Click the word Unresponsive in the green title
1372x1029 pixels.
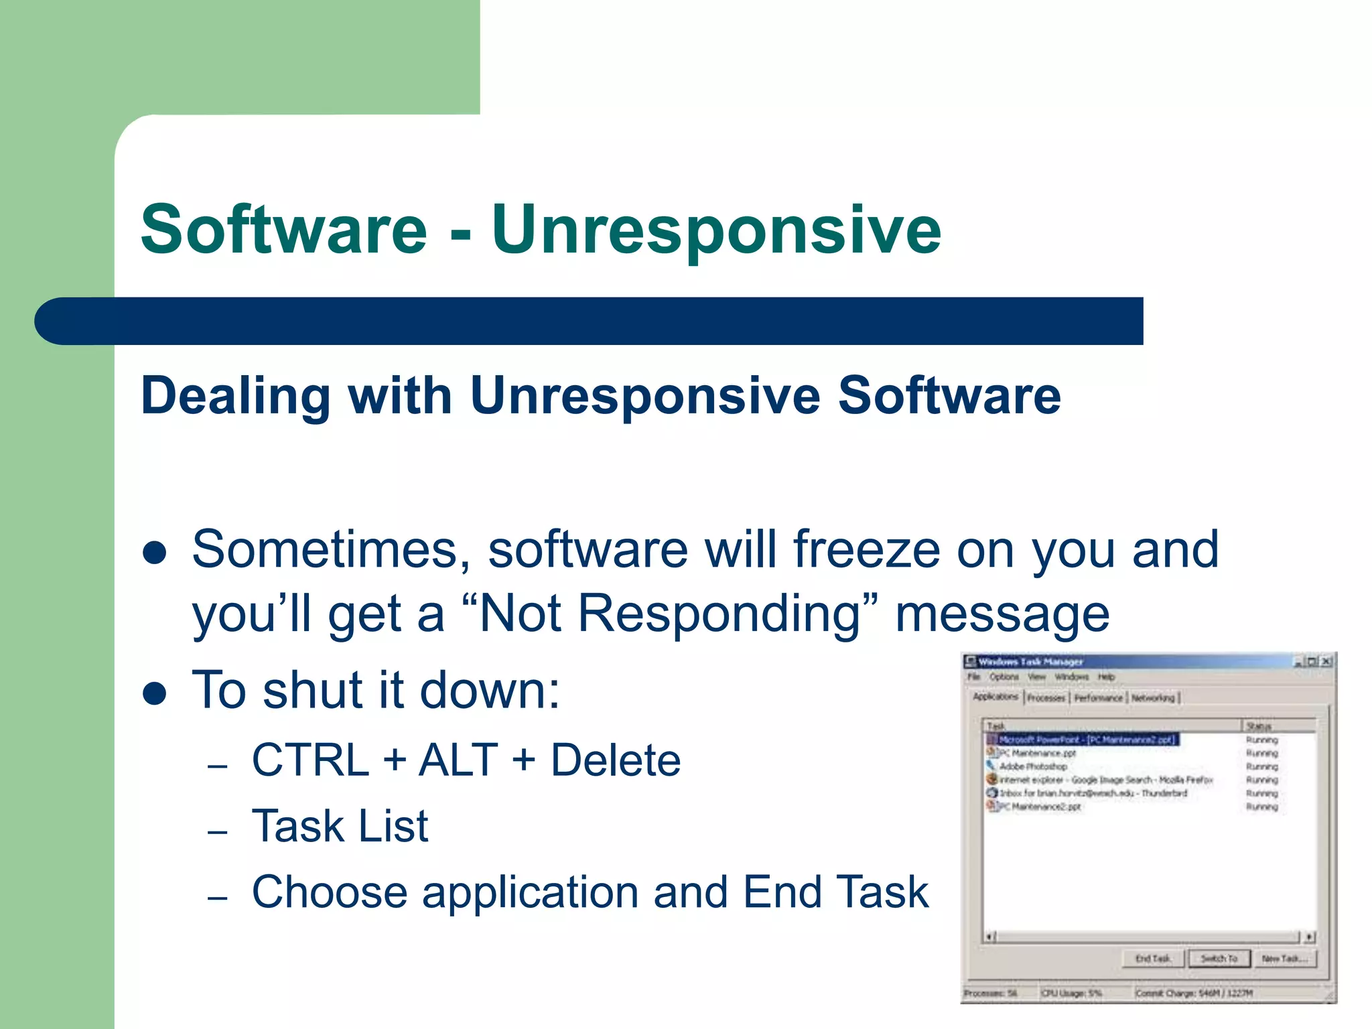[716, 230]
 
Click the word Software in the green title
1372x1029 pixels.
[284, 230]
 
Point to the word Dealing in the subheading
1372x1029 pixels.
[236, 396]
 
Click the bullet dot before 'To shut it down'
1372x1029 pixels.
[155, 694]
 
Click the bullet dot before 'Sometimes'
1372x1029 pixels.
[155, 553]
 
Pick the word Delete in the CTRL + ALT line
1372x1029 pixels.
[616, 760]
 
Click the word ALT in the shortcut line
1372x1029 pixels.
[458, 760]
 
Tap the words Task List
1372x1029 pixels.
[340, 826]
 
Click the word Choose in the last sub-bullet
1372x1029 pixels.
[330, 892]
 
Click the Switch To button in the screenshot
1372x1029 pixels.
[1219, 959]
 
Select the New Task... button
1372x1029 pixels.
[1284, 959]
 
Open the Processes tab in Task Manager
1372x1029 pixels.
[1046, 698]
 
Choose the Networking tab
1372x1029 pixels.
[1153, 698]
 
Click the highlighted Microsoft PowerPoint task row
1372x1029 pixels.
[1085, 740]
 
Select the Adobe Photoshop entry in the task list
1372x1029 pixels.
[1033, 766]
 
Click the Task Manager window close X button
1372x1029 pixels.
[1326, 662]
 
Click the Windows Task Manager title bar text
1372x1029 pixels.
[1030, 662]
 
